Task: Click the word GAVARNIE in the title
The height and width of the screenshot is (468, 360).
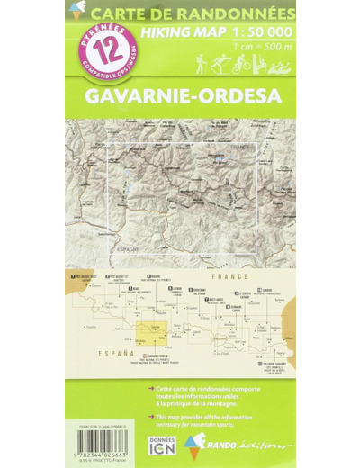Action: point(155,93)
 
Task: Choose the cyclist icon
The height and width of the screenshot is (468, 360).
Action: point(240,65)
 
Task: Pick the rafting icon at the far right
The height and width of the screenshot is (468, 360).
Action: point(281,65)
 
